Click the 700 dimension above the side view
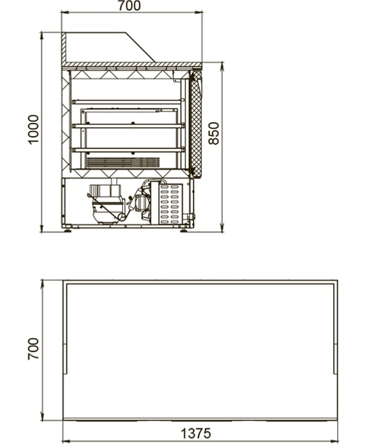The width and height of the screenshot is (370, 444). coord(129,6)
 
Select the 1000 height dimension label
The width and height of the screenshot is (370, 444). coord(33,129)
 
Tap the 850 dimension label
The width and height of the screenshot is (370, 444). coord(214,133)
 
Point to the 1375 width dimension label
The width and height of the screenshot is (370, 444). coord(196,433)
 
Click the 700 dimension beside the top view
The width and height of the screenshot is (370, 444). coord(33,349)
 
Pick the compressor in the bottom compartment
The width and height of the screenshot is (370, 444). coord(107,204)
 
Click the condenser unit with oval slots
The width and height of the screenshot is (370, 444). coord(166,203)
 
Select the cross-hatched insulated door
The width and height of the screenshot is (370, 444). coord(196,124)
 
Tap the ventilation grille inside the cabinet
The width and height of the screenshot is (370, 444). coord(123,162)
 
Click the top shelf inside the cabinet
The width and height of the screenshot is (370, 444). coord(129,101)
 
